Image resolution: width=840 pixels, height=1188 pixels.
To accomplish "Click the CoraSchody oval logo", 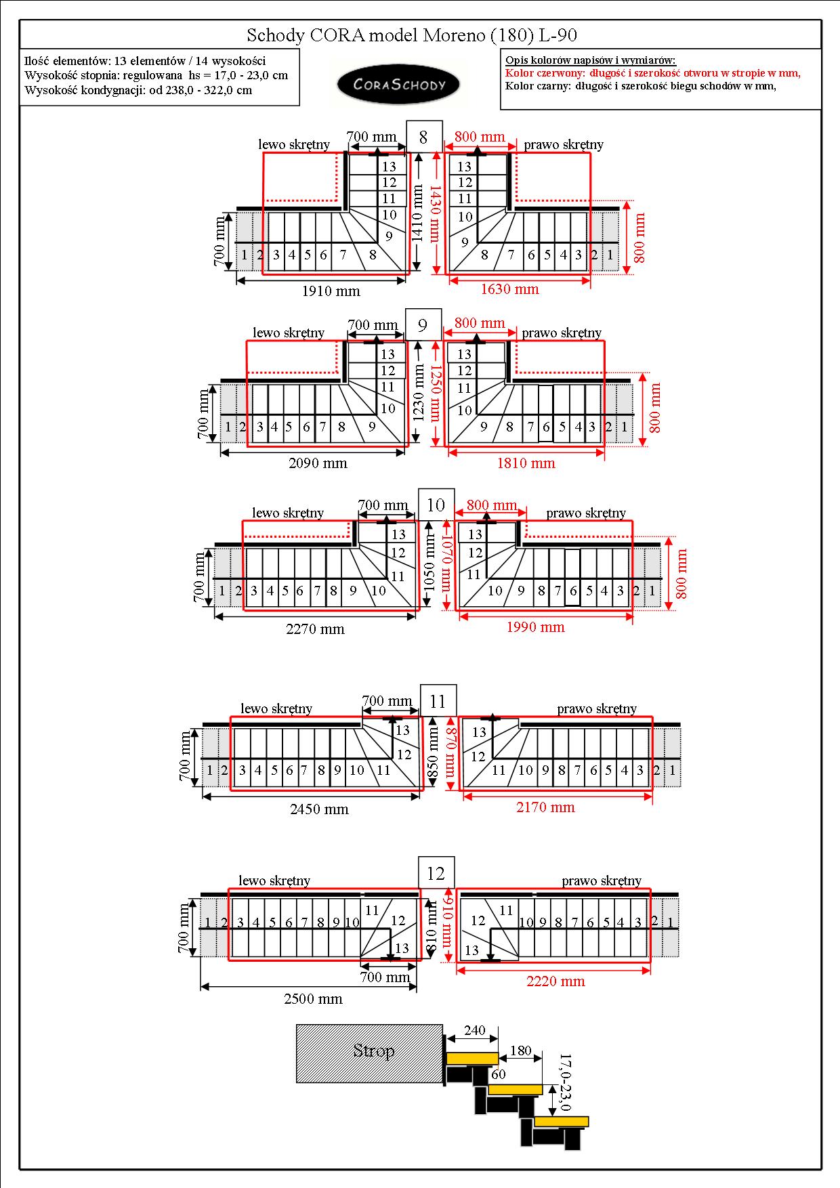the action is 399,85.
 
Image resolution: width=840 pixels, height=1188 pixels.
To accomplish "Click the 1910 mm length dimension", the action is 331,291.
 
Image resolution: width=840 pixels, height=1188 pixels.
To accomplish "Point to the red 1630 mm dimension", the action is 509,289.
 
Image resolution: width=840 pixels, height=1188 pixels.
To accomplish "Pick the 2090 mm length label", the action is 318,463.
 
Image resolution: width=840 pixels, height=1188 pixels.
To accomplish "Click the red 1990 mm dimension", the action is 535,627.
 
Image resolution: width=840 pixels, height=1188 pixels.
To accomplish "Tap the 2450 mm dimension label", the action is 318,809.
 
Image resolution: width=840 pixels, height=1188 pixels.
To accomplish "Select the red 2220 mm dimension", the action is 555,981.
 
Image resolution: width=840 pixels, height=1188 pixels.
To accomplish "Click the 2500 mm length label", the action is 313,999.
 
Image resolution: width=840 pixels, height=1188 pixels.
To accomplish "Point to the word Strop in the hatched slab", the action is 374,1051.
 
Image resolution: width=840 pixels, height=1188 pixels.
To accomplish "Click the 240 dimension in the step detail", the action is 474,1030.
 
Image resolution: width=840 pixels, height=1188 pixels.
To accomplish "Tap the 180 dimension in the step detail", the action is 520,1051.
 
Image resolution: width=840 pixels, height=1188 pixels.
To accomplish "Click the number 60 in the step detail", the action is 498,1074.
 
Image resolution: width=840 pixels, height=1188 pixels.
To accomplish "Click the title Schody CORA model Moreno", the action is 412,35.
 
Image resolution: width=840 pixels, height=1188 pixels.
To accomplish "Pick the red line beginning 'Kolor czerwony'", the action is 653,73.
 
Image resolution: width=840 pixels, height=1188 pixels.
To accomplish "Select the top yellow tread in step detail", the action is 471,1058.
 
